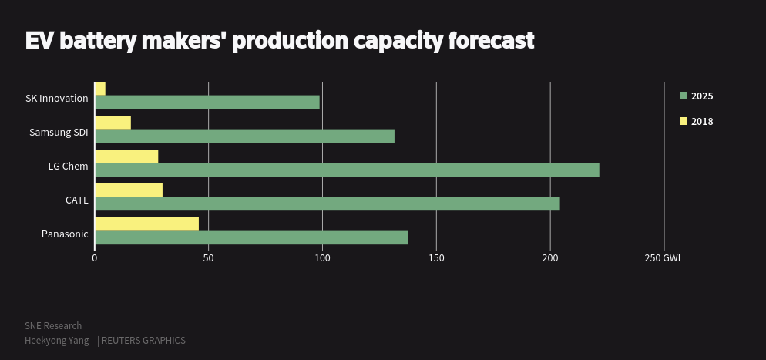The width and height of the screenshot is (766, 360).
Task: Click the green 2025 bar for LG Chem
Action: [x=347, y=170]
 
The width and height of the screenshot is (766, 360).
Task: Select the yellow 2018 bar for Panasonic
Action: [x=146, y=224]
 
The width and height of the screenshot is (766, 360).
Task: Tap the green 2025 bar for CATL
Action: [x=327, y=204]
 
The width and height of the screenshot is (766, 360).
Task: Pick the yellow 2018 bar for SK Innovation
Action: [x=100, y=89]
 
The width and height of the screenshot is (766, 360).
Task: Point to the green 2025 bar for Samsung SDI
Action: [x=244, y=136]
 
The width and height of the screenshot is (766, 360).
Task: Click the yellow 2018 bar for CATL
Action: [x=129, y=190]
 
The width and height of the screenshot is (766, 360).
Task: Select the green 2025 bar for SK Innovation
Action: [x=207, y=103]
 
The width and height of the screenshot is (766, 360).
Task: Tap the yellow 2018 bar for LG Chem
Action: [x=126, y=156]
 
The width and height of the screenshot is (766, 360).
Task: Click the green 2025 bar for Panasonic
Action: [x=251, y=237]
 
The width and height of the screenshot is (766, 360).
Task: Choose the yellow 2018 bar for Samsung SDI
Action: [x=113, y=123]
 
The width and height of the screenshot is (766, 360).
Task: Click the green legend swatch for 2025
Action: [x=683, y=96]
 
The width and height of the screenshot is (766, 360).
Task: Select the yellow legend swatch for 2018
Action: [x=683, y=121]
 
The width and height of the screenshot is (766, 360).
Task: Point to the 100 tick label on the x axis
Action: [x=322, y=258]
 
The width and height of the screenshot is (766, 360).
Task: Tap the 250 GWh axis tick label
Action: [x=663, y=258]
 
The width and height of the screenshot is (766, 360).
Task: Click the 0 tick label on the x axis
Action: [x=94, y=258]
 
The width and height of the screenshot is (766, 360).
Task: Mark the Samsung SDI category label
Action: [x=59, y=133]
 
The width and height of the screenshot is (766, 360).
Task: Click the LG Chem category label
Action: [x=68, y=167]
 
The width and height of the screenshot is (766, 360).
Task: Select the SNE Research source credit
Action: [x=53, y=326]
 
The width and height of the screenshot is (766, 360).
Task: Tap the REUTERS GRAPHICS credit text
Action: [x=144, y=341]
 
